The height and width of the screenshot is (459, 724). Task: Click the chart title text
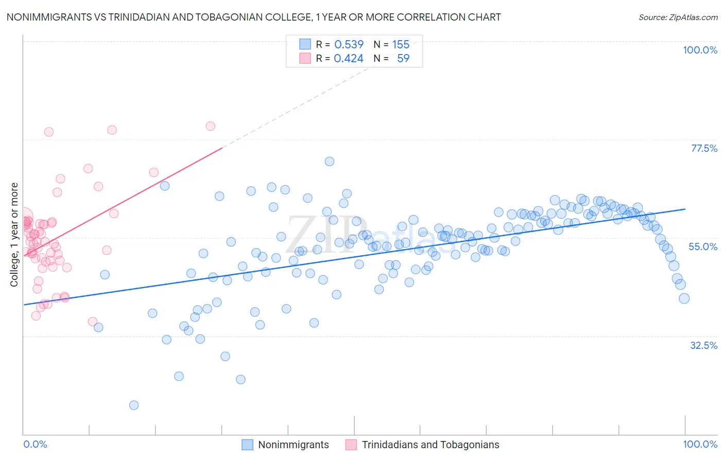pos(253,17)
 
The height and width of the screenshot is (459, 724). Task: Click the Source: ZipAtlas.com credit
pos(678,17)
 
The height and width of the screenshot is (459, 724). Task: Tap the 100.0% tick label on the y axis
pos(700,50)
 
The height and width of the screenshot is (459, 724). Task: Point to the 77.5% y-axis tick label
pos(704,148)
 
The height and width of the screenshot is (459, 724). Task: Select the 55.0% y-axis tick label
pos(703,246)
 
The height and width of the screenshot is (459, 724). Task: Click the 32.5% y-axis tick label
pos(703,345)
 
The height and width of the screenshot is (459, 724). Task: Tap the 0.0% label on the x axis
pos(35,444)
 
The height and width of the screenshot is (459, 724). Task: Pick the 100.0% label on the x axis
pos(700,444)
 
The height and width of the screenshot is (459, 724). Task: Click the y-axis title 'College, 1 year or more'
pos(14,235)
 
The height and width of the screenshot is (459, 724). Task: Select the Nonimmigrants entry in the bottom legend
pos(293,445)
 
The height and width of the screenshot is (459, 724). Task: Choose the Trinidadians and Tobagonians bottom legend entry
pos(430,445)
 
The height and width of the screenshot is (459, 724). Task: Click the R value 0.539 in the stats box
pos(349,44)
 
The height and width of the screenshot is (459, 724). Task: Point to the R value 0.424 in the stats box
pos(349,59)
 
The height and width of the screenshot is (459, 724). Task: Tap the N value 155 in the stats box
pos(401,44)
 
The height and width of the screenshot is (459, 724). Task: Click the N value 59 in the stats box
pos(403,59)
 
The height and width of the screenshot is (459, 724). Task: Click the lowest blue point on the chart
pos(134,405)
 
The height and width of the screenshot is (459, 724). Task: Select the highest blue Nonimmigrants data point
pos(330,162)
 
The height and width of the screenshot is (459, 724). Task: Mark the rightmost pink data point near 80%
pos(210,126)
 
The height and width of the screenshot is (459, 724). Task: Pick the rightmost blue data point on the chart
pos(684,298)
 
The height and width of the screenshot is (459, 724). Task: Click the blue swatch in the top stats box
pos(305,44)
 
